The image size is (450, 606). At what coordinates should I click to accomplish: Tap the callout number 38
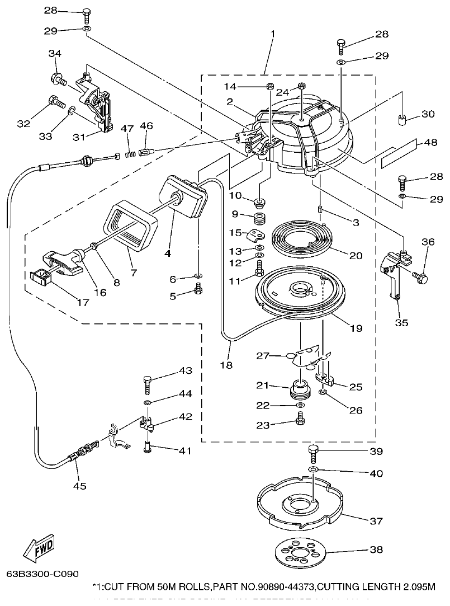376,549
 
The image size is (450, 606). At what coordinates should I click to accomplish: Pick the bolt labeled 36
420,276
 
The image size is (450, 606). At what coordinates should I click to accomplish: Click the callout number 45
80,486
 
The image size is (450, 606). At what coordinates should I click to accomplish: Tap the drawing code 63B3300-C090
42,574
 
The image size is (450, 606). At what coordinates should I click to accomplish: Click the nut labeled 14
269,86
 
